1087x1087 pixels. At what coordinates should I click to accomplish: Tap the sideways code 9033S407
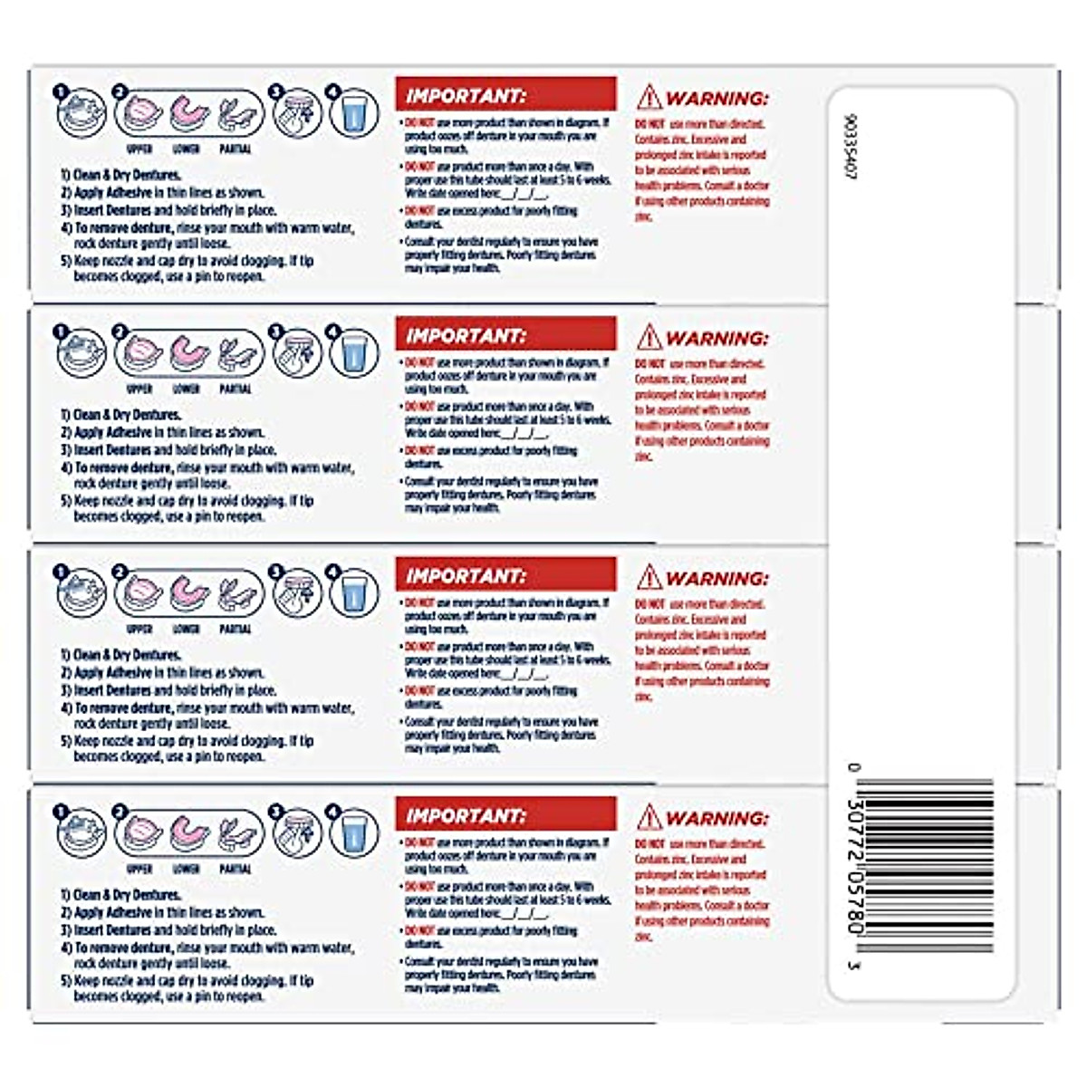click(849, 145)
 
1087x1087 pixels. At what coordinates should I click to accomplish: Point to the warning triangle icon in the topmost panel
click(649, 97)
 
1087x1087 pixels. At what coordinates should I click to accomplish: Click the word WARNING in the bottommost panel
click(717, 819)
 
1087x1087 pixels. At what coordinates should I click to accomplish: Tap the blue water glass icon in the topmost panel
click(354, 114)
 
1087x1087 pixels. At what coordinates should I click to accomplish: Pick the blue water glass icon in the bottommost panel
click(354, 833)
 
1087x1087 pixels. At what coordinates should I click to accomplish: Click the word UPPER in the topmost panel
click(139, 149)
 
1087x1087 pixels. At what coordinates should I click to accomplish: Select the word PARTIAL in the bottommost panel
click(236, 869)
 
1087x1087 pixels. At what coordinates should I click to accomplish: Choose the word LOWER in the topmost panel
click(187, 149)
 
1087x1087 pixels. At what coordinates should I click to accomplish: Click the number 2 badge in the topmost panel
click(119, 91)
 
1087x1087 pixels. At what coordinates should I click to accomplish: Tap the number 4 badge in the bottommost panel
click(332, 811)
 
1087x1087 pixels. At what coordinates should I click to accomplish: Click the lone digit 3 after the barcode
click(852, 966)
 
